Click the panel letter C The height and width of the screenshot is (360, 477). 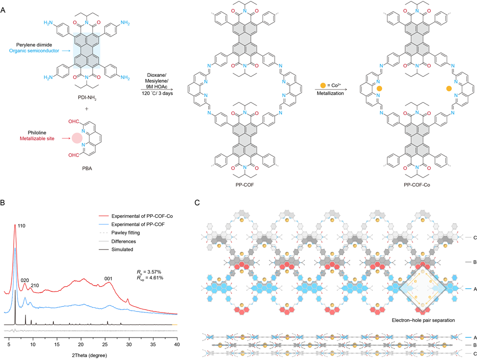point(196,202)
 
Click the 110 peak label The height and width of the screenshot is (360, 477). point(22,226)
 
